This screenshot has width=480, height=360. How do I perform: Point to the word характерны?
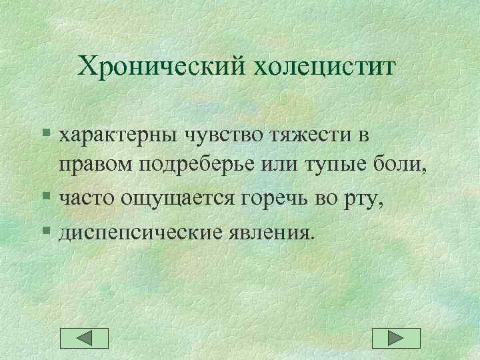(115, 135)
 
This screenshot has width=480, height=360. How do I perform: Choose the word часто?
(84, 198)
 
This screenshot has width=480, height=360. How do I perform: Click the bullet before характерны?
(45, 135)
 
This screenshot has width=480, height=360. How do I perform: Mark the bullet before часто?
(45, 198)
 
